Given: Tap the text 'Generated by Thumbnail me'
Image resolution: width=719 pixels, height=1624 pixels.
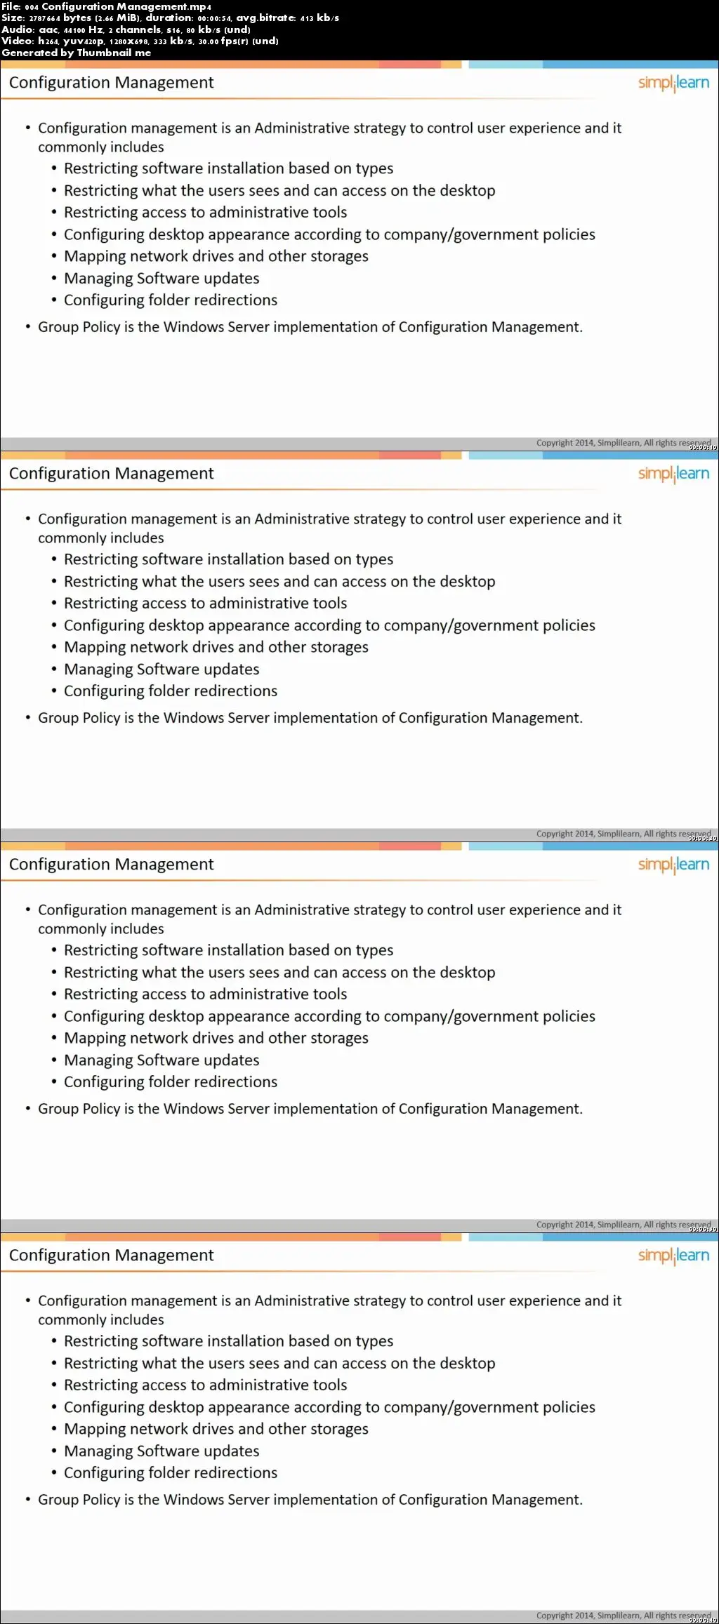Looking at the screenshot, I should point(76,53).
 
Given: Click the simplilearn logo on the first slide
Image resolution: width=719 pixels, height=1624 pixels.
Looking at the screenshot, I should point(673,83).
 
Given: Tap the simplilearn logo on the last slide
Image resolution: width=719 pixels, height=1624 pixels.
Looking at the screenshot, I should point(673,1256).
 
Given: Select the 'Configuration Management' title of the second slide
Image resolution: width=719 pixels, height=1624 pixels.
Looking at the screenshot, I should point(111,474).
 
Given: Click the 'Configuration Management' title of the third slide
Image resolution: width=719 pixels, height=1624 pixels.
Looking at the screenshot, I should point(111,865).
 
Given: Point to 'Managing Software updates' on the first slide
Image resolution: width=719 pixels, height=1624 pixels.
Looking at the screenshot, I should point(161,279).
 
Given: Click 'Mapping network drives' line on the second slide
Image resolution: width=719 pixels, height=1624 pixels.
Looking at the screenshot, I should point(216,647).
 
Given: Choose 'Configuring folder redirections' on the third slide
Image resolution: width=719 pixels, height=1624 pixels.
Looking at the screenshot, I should point(171,1082).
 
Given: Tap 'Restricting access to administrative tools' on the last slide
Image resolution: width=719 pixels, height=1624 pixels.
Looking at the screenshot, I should point(205,1385).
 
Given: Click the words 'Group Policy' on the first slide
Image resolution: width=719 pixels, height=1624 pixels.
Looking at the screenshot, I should point(79,327).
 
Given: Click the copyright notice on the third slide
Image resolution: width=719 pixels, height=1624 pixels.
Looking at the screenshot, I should point(623,1225).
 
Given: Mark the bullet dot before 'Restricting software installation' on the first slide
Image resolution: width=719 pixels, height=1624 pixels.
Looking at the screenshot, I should point(54,169).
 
